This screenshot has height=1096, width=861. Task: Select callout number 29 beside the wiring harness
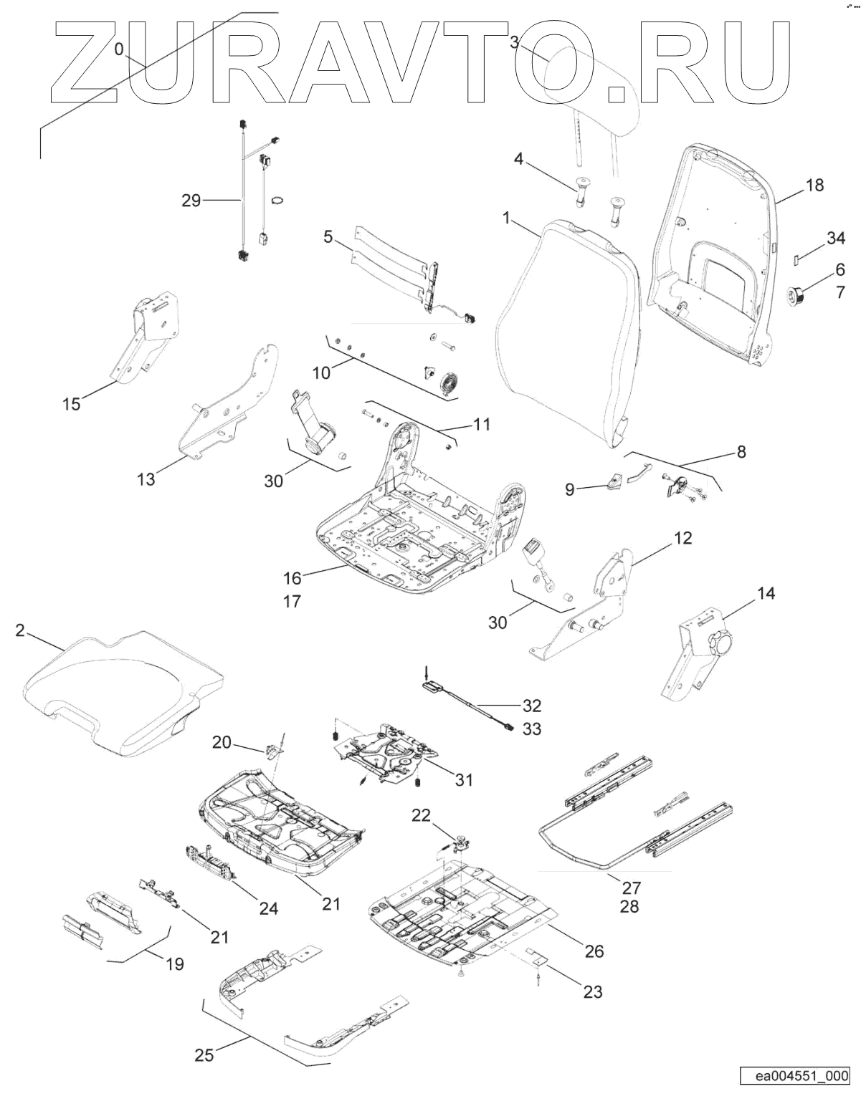(191, 201)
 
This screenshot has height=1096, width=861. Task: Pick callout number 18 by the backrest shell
(814, 186)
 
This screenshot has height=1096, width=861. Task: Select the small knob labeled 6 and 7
(796, 294)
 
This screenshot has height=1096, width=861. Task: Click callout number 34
(836, 239)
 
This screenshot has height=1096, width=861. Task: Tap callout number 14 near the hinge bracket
(766, 593)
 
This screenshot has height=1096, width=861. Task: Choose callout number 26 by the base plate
(594, 951)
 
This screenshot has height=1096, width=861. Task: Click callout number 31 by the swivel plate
(464, 779)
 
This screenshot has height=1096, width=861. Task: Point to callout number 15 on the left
(72, 404)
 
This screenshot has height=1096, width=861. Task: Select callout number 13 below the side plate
(146, 479)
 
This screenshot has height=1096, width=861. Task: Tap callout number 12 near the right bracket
(682, 537)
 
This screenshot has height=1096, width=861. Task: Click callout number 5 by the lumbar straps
(328, 236)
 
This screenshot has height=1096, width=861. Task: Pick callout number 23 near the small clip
(593, 991)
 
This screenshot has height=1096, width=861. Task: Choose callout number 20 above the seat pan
(222, 743)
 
